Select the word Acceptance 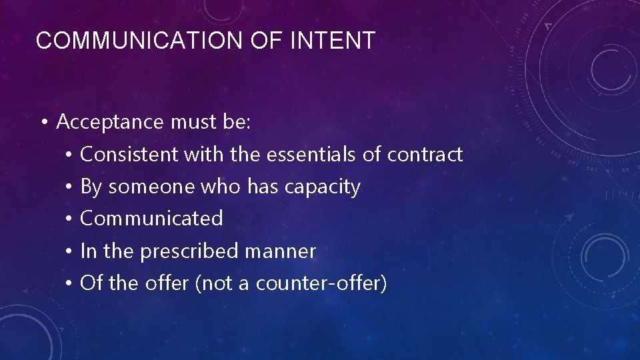click(x=110, y=122)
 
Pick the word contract click(x=425, y=155)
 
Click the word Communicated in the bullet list click(x=151, y=219)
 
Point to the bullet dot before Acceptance click(x=43, y=123)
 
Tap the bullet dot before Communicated click(x=69, y=219)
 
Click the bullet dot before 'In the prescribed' click(x=69, y=252)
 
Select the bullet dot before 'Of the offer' click(x=69, y=284)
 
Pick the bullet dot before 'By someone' click(x=69, y=187)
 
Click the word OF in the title click(x=265, y=41)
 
